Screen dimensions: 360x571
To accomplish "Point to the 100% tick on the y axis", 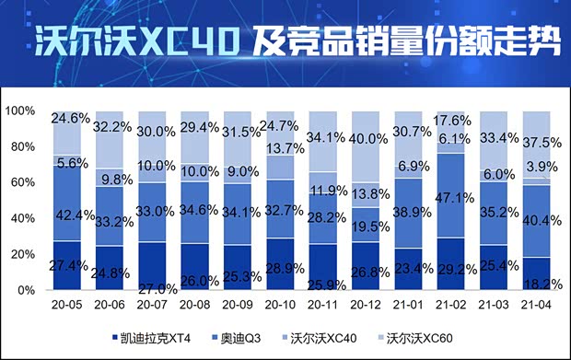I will coord(20,110).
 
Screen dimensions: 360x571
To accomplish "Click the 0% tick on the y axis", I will coord(25,290).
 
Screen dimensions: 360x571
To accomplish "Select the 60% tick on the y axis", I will coord(22,182).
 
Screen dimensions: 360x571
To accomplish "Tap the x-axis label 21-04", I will coord(538,302).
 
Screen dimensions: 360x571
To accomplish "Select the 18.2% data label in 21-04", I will coord(538,273).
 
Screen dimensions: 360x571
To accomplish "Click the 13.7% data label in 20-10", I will coord(284,147).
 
